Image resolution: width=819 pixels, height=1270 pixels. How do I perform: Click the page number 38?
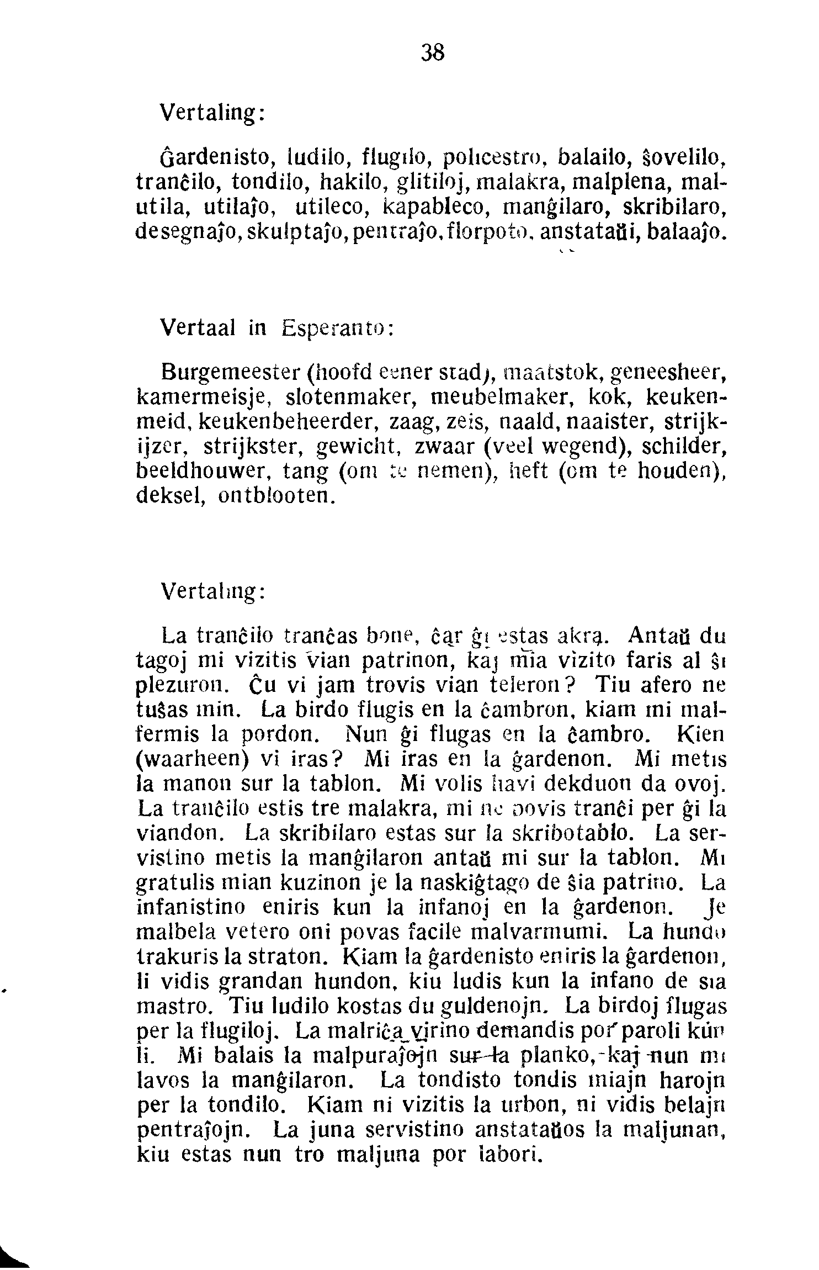433,53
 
